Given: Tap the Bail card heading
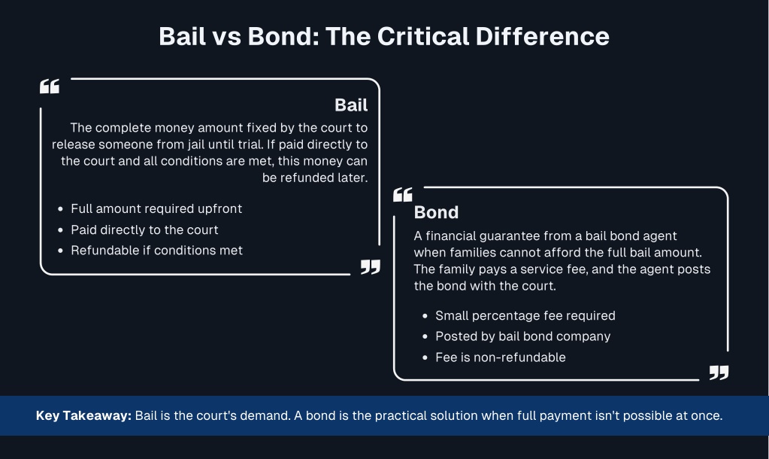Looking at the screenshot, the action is (x=351, y=105).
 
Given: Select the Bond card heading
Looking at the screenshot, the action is (x=436, y=212).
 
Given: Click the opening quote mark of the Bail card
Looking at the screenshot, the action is (x=50, y=87).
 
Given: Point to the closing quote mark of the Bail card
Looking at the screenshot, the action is (x=371, y=267).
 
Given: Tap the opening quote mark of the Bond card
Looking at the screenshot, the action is (x=403, y=194).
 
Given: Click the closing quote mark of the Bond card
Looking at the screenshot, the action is (x=719, y=372).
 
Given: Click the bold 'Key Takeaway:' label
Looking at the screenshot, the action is (x=84, y=416).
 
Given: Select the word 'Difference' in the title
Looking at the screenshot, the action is (x=543, y=36).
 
